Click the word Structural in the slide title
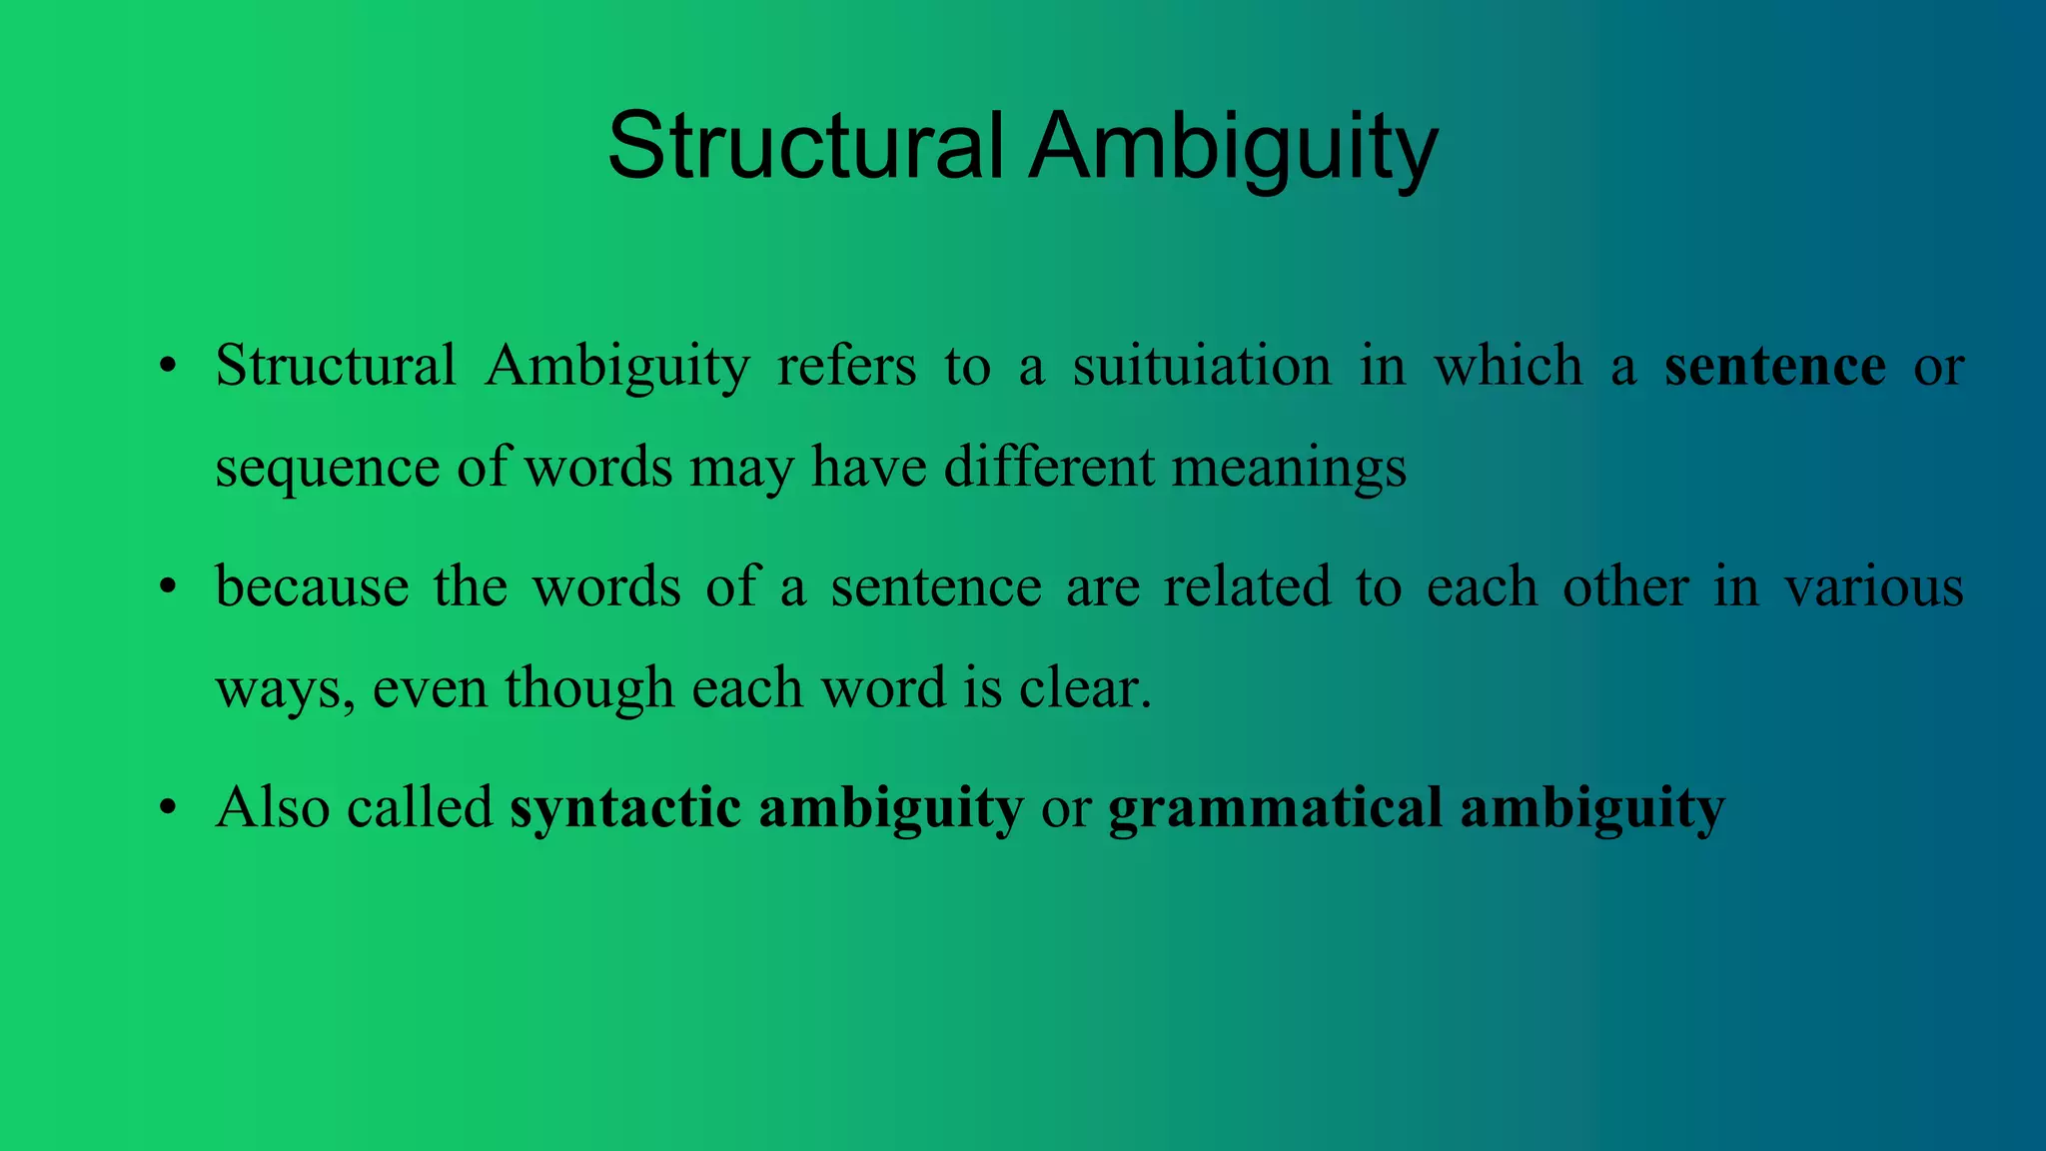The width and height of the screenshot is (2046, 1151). pos(805,146)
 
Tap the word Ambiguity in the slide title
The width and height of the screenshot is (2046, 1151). pos(1233,148)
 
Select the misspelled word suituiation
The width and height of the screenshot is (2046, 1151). pos(1202,366)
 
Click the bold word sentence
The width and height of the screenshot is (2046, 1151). pos(1775,366)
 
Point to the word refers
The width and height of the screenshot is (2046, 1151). pos(846,366)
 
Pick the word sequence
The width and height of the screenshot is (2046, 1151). pos(328,469)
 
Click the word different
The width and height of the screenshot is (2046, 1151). pos(1049,467)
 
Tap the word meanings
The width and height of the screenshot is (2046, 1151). pos(1289,469)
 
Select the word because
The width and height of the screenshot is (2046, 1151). pos(312,586)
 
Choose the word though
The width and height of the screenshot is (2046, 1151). pos(589,688)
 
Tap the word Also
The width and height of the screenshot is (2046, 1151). pos(273,807)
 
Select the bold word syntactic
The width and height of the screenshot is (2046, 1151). pos(625,807)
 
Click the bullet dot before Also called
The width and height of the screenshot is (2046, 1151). pos(168,807)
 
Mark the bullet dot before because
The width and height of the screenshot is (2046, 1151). pos(168,587)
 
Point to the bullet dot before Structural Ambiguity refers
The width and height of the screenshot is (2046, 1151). pos(168,367)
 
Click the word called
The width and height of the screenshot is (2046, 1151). pos(420,807)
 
